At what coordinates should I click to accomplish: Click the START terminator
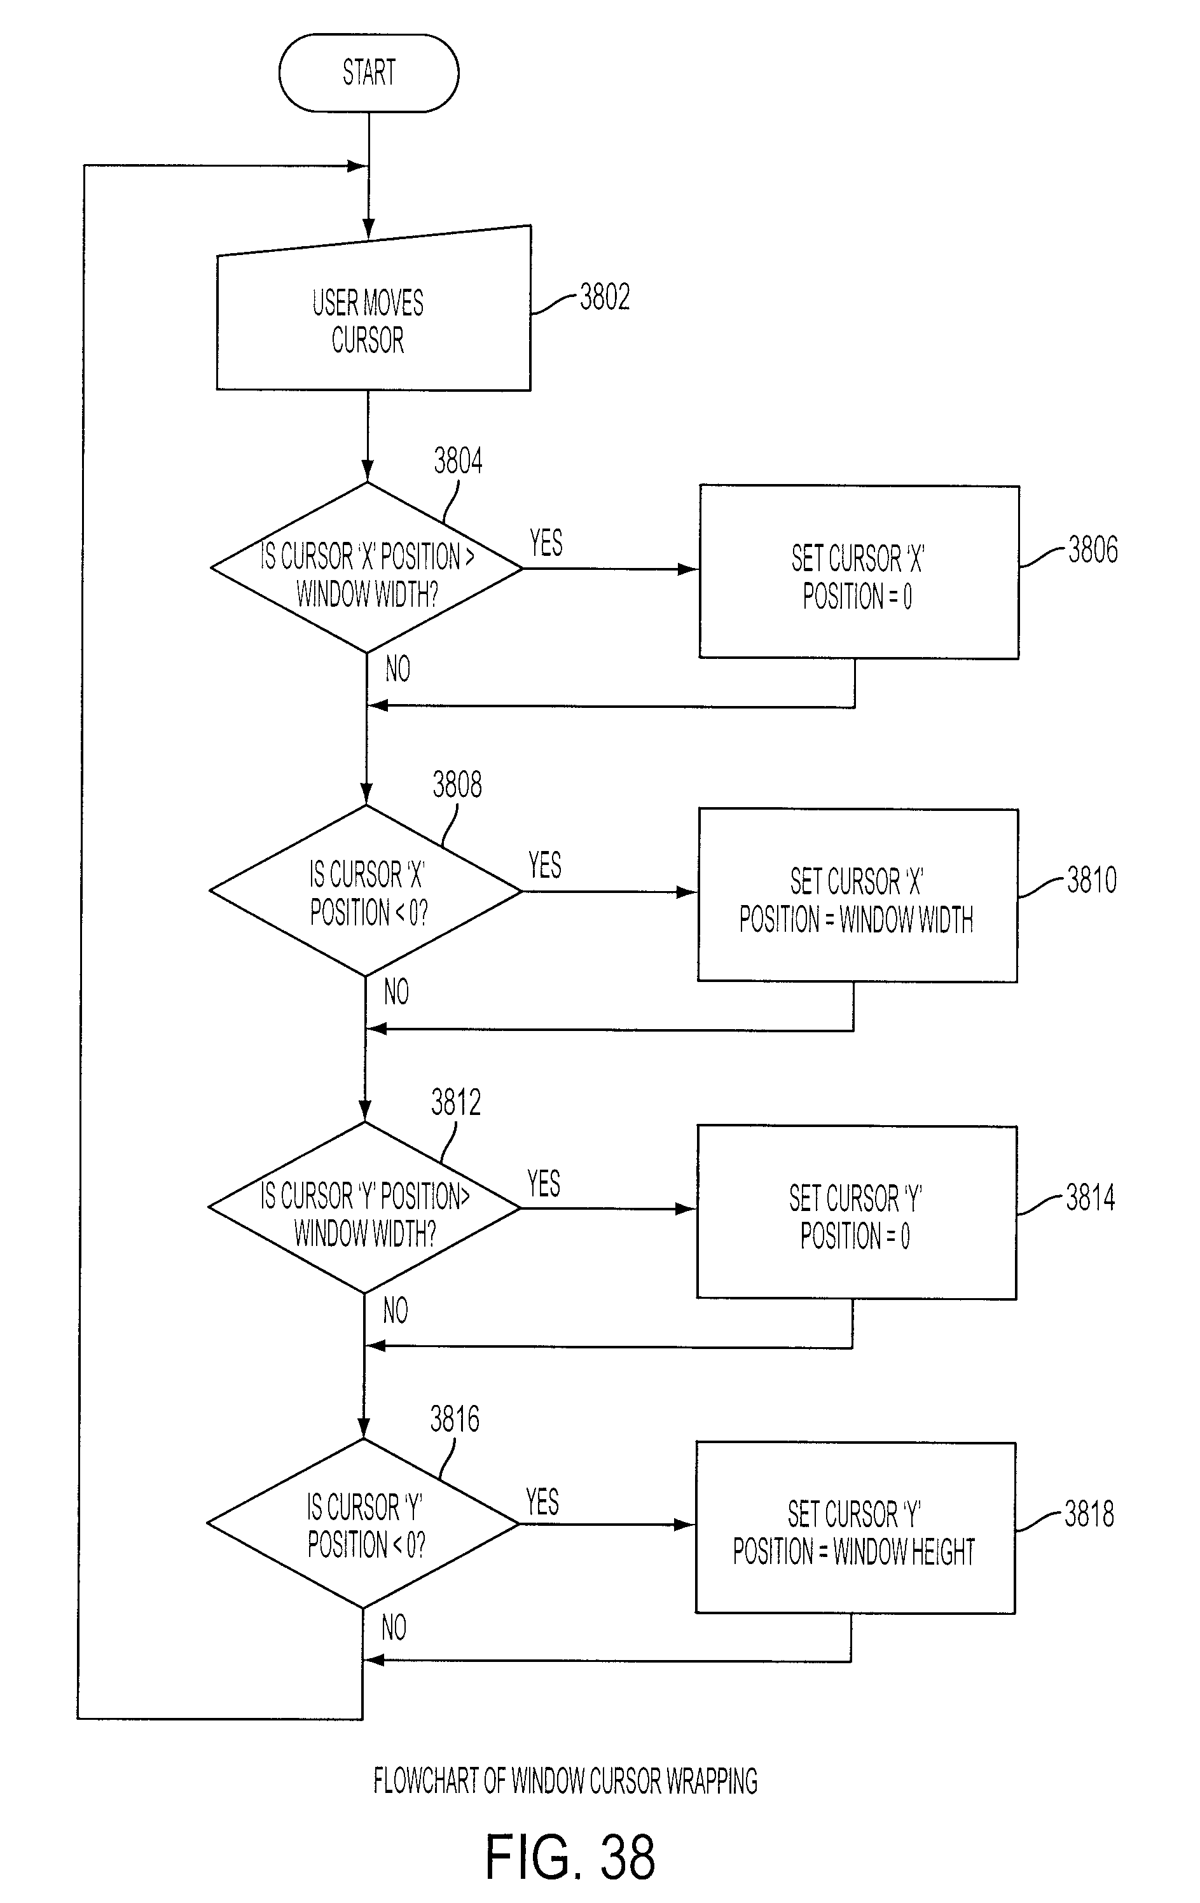368,73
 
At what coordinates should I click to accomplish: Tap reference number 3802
604,297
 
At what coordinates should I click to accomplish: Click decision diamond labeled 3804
366,567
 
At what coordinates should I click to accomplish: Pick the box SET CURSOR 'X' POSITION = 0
859,571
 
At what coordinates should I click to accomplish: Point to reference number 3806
1093,550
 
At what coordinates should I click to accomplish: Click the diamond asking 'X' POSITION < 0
365,890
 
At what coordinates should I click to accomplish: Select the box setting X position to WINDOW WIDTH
857,896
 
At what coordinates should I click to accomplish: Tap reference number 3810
1092,880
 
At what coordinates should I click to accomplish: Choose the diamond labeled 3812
364,1208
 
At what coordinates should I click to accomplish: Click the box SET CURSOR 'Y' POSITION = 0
857,1212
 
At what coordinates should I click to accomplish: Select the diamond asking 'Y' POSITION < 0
362,1524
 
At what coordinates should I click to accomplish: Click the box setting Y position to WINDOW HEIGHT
855,1528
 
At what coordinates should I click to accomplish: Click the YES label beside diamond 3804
546,543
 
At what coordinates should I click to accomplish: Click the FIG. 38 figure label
570,1857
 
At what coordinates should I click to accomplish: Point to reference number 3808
457,785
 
